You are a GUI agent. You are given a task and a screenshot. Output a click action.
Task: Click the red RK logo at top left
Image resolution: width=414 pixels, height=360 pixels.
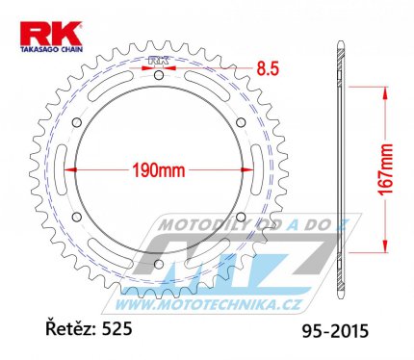[51, 34]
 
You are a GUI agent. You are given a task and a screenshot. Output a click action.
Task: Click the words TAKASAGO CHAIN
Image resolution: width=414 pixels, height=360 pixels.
[52, 49]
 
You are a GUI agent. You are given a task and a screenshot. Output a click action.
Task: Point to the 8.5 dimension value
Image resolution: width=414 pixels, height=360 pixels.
[268, 68]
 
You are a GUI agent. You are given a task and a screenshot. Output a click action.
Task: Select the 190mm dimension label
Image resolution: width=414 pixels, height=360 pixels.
[159, 170]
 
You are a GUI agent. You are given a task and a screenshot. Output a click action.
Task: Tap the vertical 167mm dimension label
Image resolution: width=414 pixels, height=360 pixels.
[385, 169]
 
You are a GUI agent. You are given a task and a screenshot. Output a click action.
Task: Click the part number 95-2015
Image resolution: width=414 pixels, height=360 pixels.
[335, 331]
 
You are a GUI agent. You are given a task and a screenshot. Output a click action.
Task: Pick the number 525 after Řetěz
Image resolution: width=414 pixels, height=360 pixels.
[116, 329]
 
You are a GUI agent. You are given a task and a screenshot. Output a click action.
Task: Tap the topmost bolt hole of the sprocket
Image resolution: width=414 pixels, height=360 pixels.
[159, 76]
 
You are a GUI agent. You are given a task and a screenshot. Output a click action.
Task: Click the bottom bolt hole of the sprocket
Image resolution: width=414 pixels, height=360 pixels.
[159, 264]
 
